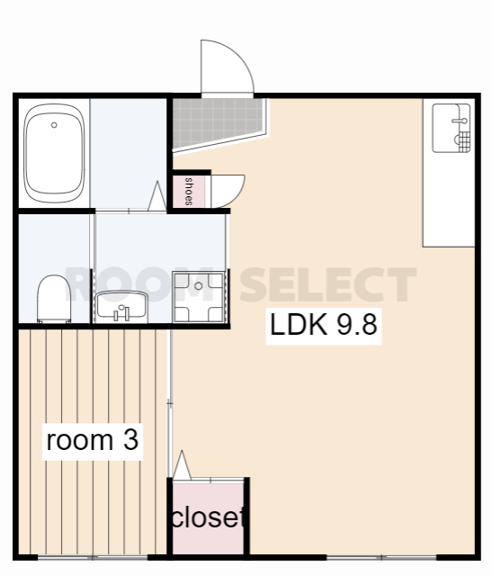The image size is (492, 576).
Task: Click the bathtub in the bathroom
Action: (54, 153)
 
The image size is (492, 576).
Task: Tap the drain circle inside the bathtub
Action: (54, 125)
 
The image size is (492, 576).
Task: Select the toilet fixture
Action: (54, 299)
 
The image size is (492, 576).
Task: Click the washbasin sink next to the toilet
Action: (121, 307)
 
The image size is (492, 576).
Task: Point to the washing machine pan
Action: (199, 297)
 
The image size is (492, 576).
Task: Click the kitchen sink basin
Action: (452, 128)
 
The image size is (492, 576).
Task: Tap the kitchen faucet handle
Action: (460, 120)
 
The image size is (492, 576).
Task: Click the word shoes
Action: (189, 191)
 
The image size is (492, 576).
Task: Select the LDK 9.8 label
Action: (324, 325)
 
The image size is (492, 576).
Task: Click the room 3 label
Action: (93, 440)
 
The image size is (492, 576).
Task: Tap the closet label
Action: (208, 517)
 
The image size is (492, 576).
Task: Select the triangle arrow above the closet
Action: (182, 465)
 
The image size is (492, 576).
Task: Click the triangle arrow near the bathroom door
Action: (157, 196)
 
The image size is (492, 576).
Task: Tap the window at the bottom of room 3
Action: (93, 557)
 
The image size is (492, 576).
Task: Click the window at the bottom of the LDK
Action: (381, 557)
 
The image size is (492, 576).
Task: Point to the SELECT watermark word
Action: (328, 284)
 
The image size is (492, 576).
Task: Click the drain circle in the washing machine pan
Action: (198, 286)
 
